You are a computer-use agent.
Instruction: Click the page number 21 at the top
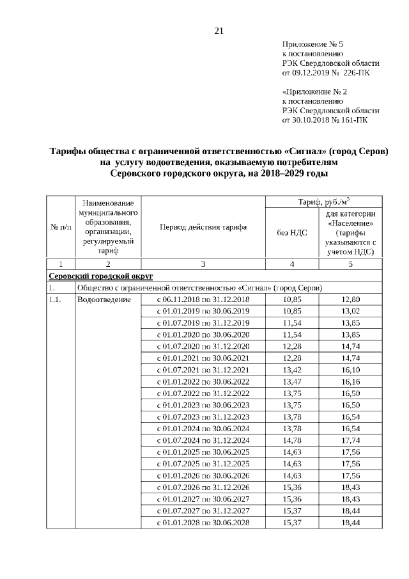[x=219, y=30]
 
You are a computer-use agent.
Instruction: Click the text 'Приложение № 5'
[x=313, y=44]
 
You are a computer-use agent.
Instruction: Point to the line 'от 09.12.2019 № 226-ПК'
[x=325, y=72]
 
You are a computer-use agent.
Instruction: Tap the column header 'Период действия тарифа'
[x=203, y=227]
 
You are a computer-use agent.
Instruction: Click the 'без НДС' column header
[x=291, y=232]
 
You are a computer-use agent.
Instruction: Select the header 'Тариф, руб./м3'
[x=324, y=202]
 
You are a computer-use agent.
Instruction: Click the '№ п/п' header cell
[x=60, y=227]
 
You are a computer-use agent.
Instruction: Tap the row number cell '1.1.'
[x=57, y=299]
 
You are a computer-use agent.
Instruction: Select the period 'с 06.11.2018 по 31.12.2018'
[x=203, y=299]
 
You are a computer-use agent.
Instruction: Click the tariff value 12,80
[x=351, y=299]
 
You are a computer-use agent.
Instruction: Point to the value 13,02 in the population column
[x=351, y=311]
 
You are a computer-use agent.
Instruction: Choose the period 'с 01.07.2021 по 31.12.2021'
[x=203, y=370]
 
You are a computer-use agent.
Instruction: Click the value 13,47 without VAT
[x=291, y=382]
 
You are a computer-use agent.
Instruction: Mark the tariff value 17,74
[x=351, y=440]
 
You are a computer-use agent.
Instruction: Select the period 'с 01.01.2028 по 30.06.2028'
[x=203, y=523]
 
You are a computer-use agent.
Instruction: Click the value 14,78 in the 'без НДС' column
[x=291, y=440]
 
